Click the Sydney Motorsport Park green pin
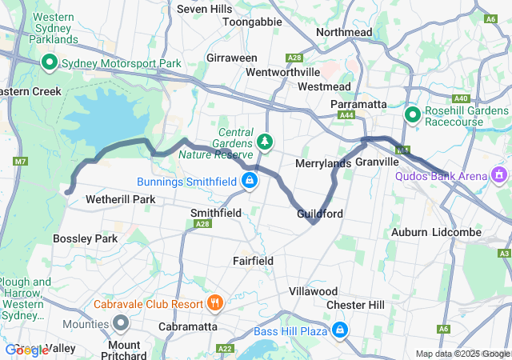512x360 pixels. [x=49, y=62]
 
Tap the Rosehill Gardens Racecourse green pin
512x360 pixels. [x=413, y=115]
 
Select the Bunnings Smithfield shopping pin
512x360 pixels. [x=250, y=181]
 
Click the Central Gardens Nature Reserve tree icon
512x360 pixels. [x=265, y=142]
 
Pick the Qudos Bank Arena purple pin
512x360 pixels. [x=500, y=174]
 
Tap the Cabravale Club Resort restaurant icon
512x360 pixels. [x=214, y=303]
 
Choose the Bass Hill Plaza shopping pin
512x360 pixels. [x=340, y=330]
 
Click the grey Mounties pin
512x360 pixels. [x=121, y=323]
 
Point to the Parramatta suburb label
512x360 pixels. [x=359, y=104]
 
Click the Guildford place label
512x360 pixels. [x=320, y=214]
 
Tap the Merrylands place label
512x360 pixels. [x=323, y=163]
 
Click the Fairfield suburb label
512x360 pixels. [x=253, y=261]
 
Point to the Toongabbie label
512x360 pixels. [x=252, y=22]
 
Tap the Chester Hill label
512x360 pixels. [x=355, y=305]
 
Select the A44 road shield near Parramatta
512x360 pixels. [x=346, y=116]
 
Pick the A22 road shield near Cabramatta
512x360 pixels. [x=226, y=348]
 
